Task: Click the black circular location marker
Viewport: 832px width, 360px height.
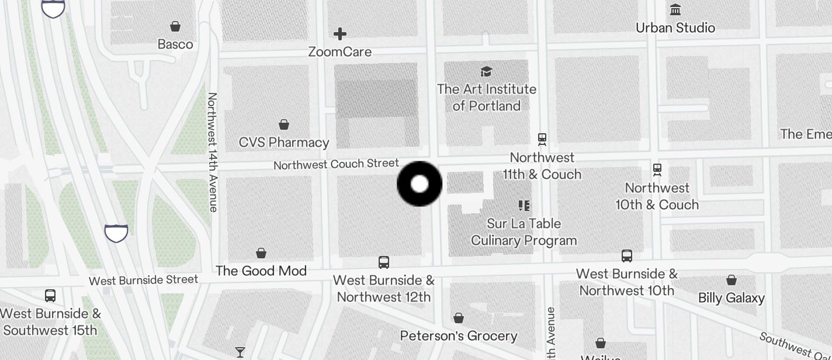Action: click(420, 184)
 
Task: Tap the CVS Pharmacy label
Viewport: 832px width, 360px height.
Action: click(284, 143)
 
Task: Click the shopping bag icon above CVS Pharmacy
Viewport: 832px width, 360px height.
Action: click(284, 124)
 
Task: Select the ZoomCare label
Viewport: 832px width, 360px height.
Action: click(339, 52)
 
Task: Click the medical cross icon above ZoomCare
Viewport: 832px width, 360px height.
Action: click(339, 34)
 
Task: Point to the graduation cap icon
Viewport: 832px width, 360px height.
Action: click(486, 71)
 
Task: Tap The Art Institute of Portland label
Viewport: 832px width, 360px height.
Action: click(487, 98)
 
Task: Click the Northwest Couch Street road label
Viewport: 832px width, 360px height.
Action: click(336, 164)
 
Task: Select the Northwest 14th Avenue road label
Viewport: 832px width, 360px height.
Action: click(213, 152)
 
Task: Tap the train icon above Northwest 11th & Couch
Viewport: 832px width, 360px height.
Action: click(542, 139)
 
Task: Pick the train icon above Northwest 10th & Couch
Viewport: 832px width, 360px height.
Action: click(657, 169)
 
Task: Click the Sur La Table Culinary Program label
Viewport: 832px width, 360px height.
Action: click(524, 232)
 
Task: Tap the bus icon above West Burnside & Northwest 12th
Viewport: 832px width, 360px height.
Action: click(384, 262)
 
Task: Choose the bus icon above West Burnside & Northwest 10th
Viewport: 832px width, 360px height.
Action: click(626, 256)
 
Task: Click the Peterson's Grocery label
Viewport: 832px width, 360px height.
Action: click(459, 336)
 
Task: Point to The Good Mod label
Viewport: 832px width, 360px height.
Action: click(261, 271)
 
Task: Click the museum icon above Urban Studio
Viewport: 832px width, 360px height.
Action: click(675, 10)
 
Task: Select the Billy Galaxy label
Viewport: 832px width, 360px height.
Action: click(732, 298)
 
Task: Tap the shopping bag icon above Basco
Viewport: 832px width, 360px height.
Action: click(175, 26)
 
